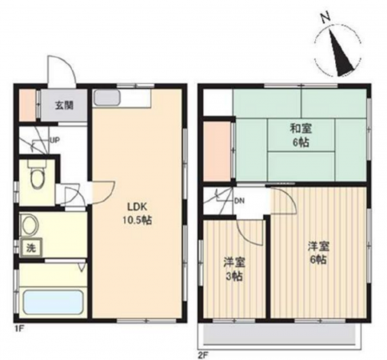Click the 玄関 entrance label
pyautogui.click(x=64, y=106)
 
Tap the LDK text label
pyautogui.click(x=137, y=206)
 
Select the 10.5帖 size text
pyautogui.click(x=137, y=220)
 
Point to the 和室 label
pyautogui.click(x=301, y=129)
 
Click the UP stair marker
pyautogui.click(x=55, y=140)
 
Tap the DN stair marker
pyautogui.click(x=239, y=201)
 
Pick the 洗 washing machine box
pyautogui.click(x=31, y=248)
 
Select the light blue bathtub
pyautogui.click(x=53, y=302)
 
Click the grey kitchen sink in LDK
pyautogui.click(x=107, y=98)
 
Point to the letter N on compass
pyautogui.click(x=326, y=18)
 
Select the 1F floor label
pyautogui.click(x=19, y=328)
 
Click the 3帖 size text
pyautogui.click(x=234, y=277)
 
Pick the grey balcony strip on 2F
pyautogui.click(x=280, y=334)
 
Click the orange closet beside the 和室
pyautogui.click(x=217, y=151)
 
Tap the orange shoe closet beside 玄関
pyautogui.click(x=28, y=105)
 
